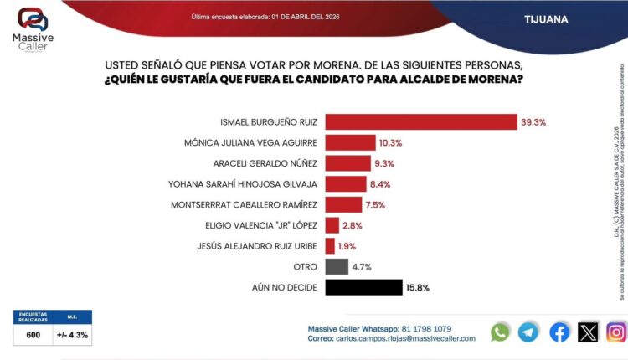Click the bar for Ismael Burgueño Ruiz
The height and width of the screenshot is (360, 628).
[420, 122]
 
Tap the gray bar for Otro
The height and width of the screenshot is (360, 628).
[337, 267]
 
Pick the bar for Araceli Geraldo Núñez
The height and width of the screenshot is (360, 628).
[347, 163]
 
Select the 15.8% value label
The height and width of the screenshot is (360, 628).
[418, 287]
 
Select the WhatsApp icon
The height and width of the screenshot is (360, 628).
[501, 332]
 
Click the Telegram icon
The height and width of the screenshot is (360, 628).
[528, 332]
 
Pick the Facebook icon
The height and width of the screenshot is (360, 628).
[559, 332]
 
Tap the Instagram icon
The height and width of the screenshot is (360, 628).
[617, 332]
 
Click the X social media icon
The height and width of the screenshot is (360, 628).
[589, 332]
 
